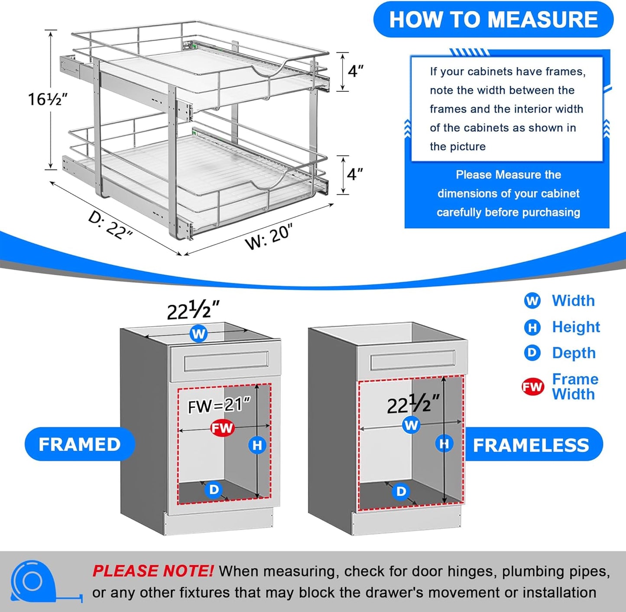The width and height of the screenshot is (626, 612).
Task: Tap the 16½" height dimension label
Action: [48, 99]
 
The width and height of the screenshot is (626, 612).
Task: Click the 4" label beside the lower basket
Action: [355, 174]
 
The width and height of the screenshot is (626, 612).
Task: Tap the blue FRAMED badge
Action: [80, 445]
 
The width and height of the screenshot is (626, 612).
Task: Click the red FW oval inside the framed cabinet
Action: [222, 428]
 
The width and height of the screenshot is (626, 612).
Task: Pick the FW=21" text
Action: [219, 406]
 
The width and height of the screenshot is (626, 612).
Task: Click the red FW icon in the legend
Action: [532, 387]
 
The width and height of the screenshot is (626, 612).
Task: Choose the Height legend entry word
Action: [576, 327]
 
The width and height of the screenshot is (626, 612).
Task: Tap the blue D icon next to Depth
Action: [532, 353]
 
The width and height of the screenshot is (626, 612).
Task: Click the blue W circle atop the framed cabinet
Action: [198, 334]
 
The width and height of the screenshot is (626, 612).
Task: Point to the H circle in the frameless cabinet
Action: [444, 444]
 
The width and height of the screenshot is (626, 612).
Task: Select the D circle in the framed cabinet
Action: [214, 490]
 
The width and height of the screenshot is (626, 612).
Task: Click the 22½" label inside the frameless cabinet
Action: [413, 405]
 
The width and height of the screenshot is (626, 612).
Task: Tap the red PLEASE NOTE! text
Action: [152, 571]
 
